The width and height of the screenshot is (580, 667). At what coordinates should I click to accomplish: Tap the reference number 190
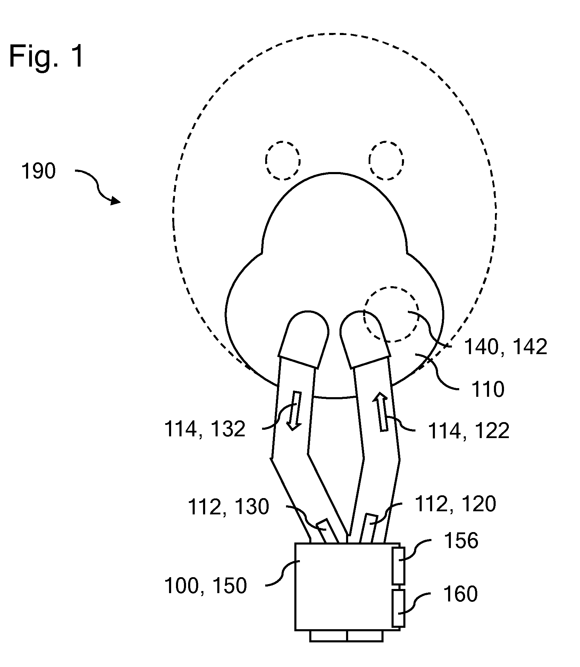click(39, 171)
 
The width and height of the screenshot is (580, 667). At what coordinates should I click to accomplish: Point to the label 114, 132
click(204, 429)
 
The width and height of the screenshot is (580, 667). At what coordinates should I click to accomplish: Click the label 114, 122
click(469, 431)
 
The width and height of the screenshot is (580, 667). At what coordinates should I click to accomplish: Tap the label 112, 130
click(228, 507)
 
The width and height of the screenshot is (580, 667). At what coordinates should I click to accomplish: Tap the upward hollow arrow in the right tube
click(382, 412)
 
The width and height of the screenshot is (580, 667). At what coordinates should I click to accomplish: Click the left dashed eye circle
click(283, 160)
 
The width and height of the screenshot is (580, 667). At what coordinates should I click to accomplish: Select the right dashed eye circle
click(386, 160)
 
